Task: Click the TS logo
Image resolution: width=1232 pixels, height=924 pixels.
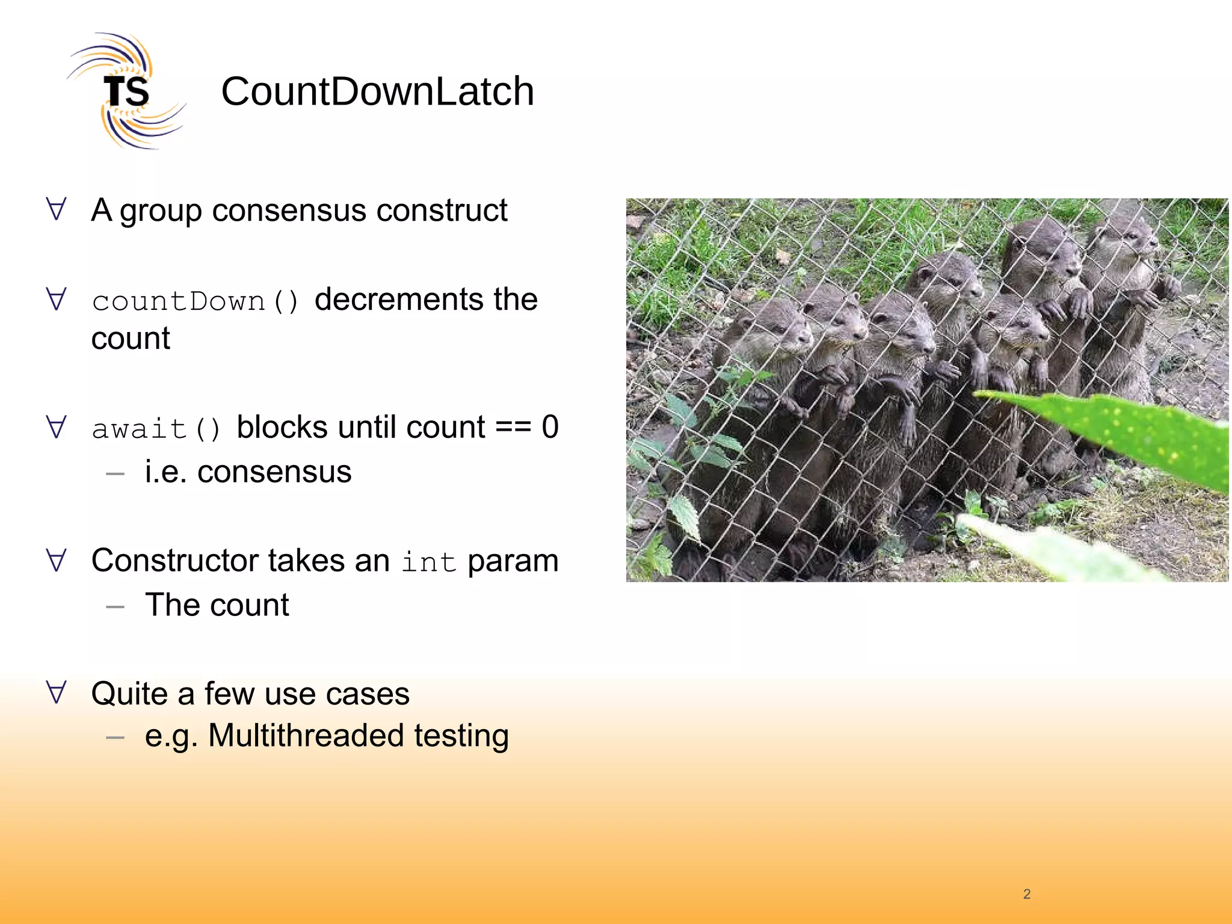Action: coord(125,91)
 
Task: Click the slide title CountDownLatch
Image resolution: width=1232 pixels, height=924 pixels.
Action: coord(377,91)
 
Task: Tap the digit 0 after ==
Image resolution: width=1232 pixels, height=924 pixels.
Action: coord(550,427)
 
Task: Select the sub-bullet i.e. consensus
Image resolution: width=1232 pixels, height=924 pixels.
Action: coord(248,472)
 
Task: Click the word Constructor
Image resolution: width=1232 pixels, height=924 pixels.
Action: coord(175,561)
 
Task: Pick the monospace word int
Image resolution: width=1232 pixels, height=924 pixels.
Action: coord(428,562)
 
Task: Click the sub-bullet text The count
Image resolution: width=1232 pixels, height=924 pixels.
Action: coord(217,605)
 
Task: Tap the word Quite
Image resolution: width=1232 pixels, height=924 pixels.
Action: coord(129,694)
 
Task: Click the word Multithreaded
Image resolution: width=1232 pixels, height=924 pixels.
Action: coord(306,736)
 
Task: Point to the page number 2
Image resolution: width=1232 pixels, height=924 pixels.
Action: coord(1026,894)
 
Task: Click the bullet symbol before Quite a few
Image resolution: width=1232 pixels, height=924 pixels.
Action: coord(56,692)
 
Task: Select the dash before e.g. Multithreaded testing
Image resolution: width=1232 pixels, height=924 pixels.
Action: coord(115,737)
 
